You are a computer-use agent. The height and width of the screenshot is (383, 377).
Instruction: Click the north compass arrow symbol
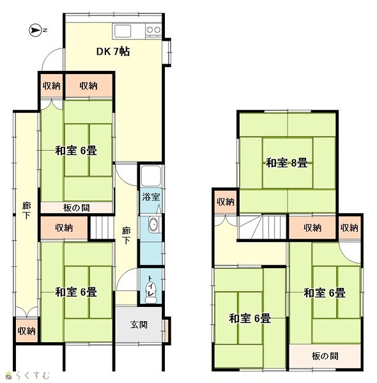[x=35, y=31]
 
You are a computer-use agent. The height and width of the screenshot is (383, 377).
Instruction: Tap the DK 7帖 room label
[x=113, y=52]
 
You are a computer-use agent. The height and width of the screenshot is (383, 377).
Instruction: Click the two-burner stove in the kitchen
[x=153, y=30]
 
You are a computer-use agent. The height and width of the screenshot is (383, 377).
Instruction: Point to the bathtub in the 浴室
[x=151, y=176]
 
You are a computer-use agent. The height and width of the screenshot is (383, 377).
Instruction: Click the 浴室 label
[x=151, y=197]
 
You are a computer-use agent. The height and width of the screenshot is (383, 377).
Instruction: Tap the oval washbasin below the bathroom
[x=153, y=224]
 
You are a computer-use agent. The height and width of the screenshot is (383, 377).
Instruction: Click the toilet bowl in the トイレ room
[x=150, y=293]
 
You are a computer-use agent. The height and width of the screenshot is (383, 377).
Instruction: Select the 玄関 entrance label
[x=139, y=325]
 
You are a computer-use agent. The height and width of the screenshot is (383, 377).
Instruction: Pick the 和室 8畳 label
[x=286, y=163]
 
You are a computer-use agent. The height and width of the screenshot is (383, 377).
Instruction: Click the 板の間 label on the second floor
[x=325, y=356]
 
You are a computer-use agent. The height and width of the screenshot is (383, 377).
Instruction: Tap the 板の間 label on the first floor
[x=76, y=208]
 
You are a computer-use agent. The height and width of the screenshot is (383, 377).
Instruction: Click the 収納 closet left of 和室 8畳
[x=226, y=202]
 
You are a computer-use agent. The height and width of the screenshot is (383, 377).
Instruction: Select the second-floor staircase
[x=263, y=227]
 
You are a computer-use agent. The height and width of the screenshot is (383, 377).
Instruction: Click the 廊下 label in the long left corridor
[x=26, y=211]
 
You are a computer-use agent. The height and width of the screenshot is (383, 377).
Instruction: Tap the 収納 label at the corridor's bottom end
[x=27, y=331]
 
